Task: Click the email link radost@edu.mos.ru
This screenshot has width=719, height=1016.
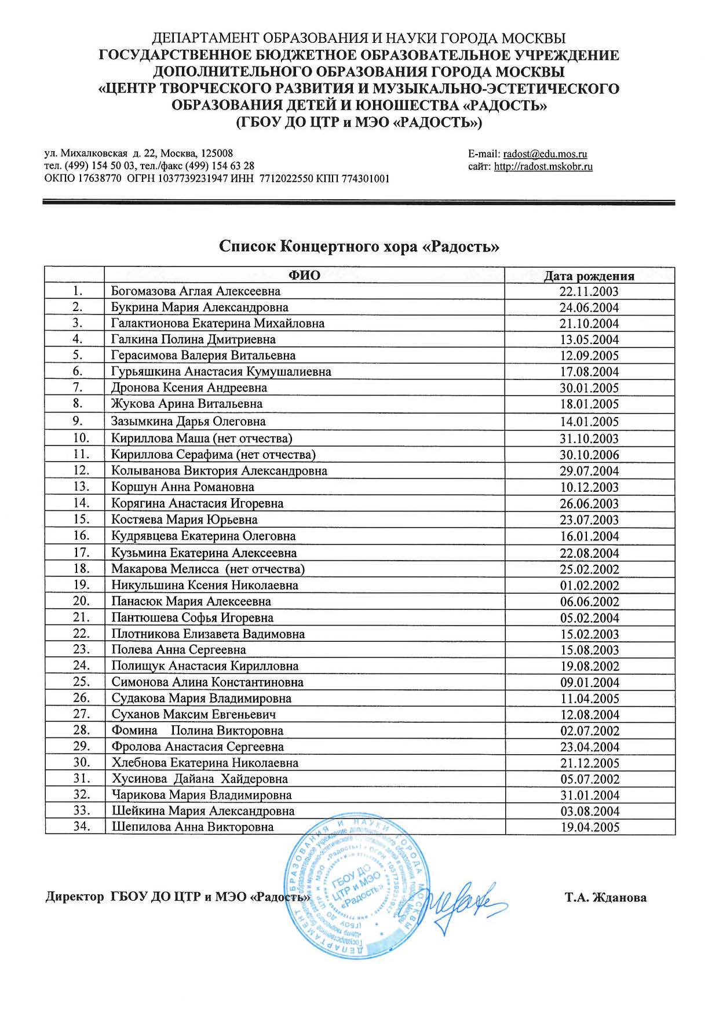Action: point(545,154)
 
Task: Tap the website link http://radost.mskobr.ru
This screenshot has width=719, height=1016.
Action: point(543,167)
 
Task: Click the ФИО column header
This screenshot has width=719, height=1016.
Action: point(304,275)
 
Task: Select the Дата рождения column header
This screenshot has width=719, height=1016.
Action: point(589,276)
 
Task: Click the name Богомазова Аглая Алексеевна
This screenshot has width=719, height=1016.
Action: point(196,291)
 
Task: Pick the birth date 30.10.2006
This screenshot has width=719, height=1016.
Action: point(589,455)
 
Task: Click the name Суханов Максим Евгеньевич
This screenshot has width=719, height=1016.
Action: point(194,714)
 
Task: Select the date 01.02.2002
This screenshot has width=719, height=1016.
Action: point(589,586)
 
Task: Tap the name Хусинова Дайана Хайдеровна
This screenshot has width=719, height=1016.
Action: point(199,779)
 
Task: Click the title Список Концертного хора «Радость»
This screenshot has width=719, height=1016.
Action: point(359,247)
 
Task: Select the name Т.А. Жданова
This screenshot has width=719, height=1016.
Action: point(605,898)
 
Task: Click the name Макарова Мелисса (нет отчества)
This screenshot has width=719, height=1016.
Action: point(208,569)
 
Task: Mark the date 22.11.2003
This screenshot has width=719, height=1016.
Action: point(589,292)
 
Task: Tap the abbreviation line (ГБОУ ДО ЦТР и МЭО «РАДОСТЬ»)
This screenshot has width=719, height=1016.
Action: point(359,123)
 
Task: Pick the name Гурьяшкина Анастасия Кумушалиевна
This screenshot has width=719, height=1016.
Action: point(221,371)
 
